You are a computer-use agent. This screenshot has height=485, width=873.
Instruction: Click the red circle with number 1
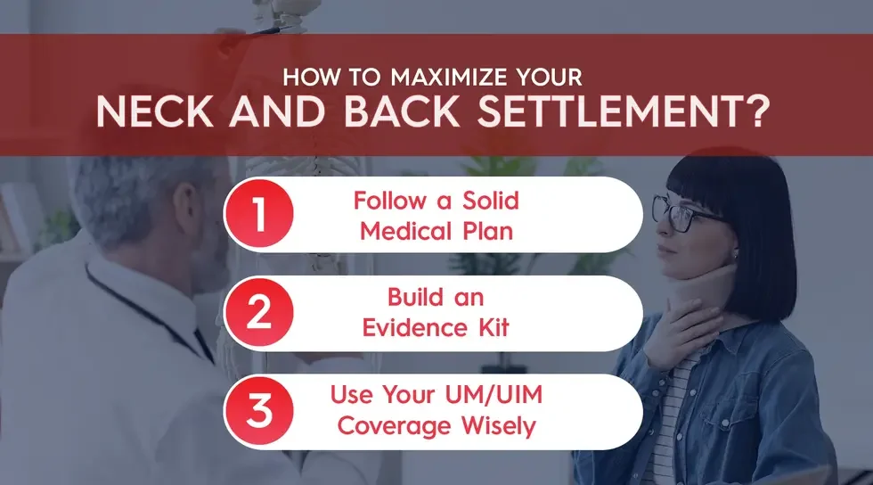(258, 215)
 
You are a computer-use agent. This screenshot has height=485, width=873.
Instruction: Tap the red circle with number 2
(258, 313)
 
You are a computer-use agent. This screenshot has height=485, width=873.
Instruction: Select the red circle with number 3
(258, 411)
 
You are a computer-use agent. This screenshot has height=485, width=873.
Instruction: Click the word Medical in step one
(414, 230)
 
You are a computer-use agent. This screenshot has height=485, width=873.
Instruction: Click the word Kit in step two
(489, 328)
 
